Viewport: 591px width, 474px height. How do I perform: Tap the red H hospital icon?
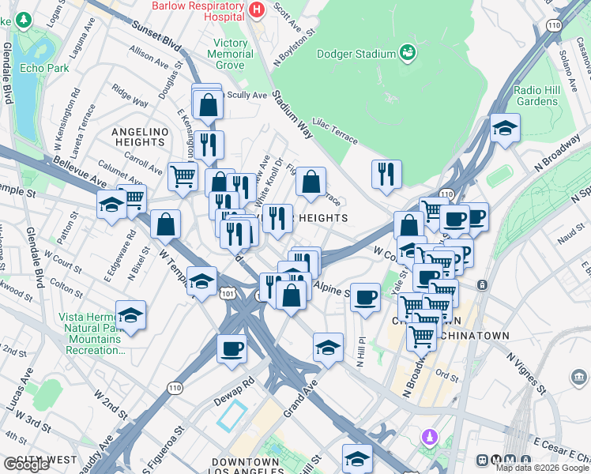(x=256, y=9)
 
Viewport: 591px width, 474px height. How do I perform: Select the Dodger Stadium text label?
(x=356, y=54)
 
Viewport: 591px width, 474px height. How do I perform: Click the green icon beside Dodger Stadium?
(x=408, y=53)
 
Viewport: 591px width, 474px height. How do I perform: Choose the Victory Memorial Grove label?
(x=230, y=55)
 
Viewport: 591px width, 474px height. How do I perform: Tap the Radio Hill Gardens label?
(x=536, y=96)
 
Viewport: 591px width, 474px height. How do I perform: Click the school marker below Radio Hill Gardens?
(x=505, y=127)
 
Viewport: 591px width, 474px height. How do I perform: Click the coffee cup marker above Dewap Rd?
(x=232, y=348)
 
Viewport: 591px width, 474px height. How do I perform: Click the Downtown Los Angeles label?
(x=246, y=467)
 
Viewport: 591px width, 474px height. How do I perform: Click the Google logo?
(x=26, y=465)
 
